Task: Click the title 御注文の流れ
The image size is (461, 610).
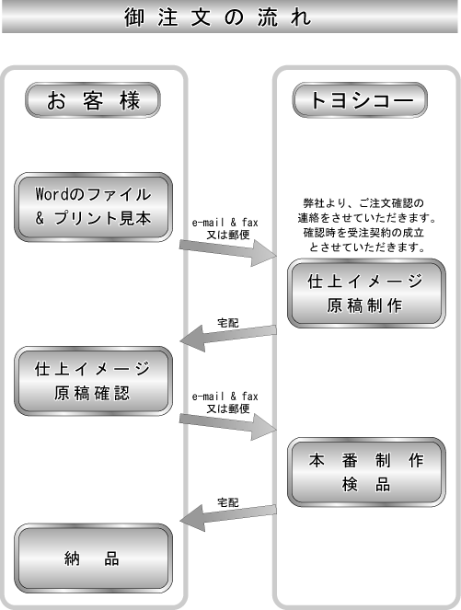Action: tap(218, 17)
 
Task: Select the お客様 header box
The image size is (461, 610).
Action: tap(93, 100)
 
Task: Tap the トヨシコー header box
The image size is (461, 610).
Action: tap(360, 100)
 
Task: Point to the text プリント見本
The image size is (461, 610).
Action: tap(103, 218)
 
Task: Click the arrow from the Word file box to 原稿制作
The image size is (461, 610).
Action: tap(228, 252)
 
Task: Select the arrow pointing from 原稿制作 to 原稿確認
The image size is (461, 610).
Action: tap(228, 338)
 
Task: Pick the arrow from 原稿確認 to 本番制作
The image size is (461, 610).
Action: tap(228, 426)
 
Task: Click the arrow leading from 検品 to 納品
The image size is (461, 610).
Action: tap(228, 517)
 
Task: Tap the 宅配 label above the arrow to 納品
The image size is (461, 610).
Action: tap(228, 502)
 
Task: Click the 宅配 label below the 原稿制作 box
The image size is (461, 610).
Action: tap(228, 323)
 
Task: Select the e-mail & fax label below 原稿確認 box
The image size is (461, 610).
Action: tap(225, 397)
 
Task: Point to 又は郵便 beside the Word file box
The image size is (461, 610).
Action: tap(228, 235)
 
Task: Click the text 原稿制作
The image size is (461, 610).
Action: tap(364, 305)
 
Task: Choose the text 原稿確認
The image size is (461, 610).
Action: tap(92, 393)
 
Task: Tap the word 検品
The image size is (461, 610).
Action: tap(366, 485)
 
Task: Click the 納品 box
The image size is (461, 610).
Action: tap(93, 558)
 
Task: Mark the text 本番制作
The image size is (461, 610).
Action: tap(366, 460)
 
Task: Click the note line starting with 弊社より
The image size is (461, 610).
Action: tap(363, 203)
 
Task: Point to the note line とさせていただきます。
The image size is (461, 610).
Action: tap(367, 247)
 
